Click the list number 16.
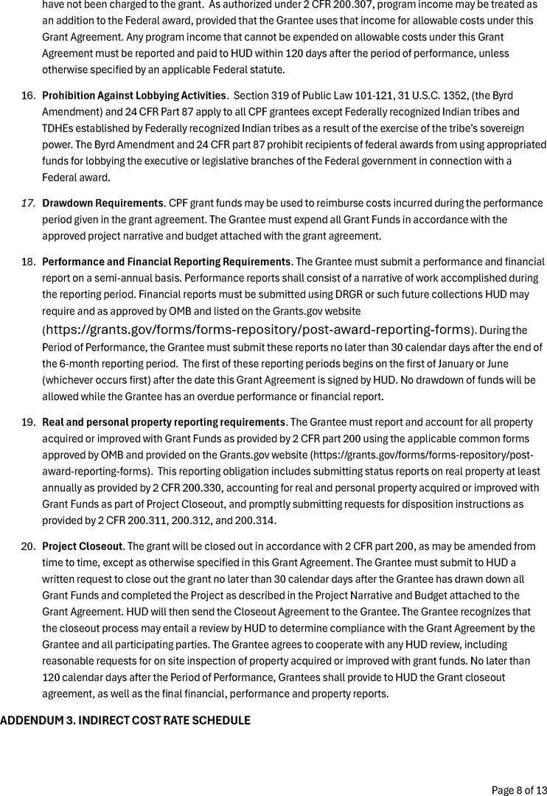click(28, 96)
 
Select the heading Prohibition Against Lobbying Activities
click(134, 96)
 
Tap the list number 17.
click(28, 203)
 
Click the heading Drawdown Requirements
click(102, 203)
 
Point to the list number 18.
click(28, 262)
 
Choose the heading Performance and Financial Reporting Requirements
click(167, 262)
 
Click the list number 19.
click(28, 422)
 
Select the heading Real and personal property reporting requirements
click(164, 422)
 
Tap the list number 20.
click(28, 546)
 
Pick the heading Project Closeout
click(82, 546)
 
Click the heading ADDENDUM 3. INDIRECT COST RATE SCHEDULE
click(125, 720)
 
